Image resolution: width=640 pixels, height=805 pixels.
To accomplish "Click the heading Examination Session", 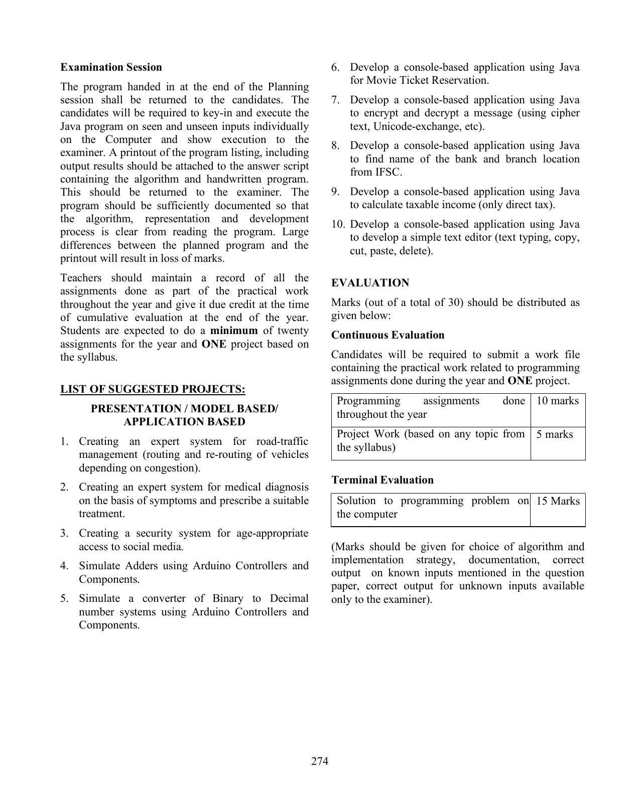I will pos(111,67).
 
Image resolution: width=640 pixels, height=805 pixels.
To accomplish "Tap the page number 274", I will pos(320,761).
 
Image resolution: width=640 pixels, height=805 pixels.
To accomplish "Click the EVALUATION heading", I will pos(370,283).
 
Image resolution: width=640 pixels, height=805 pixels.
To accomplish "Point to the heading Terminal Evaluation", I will pos(382,480).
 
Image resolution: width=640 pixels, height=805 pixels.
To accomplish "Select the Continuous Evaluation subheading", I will pos(388,335).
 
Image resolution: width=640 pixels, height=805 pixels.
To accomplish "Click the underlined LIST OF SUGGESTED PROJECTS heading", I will pos(153,389).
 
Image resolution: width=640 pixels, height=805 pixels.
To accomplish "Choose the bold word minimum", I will pos(233,331).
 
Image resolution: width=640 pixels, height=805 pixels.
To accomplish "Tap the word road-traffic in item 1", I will pos(282,441).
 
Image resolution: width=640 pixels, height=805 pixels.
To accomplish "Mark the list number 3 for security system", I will pos(64,533).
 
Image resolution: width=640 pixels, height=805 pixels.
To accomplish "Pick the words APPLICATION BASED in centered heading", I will pos(184,422).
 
